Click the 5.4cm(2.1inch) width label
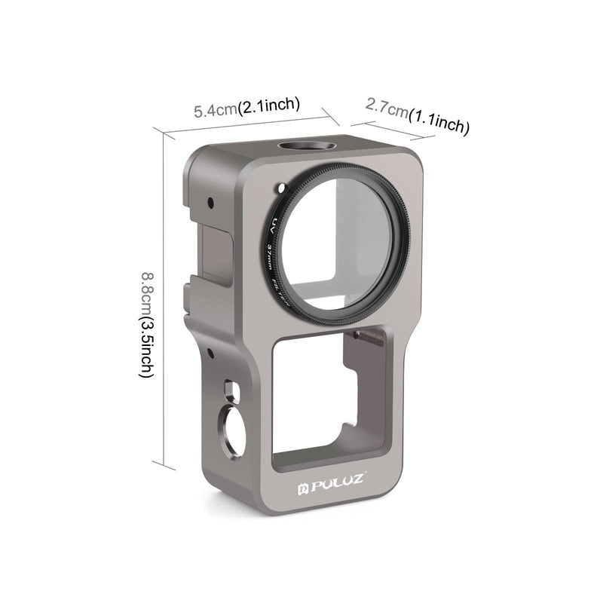pyautogui.click(x=247, y=107)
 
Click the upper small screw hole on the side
pyautogui.click(x=211, y=202)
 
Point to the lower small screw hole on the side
pyautogui.click(x=211, y=352)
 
